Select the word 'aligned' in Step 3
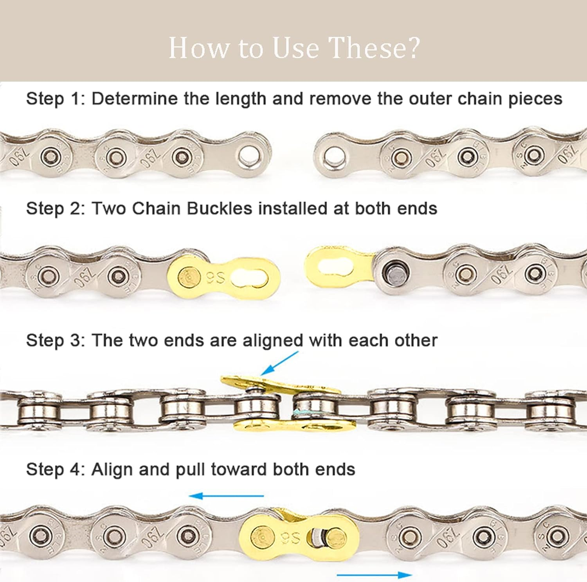(273, 340)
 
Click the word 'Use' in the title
(296, 48)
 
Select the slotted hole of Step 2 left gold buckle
(250, 278)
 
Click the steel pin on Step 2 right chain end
(393, 270)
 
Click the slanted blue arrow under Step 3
(279, 363)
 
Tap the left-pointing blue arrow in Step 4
(226, 496)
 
